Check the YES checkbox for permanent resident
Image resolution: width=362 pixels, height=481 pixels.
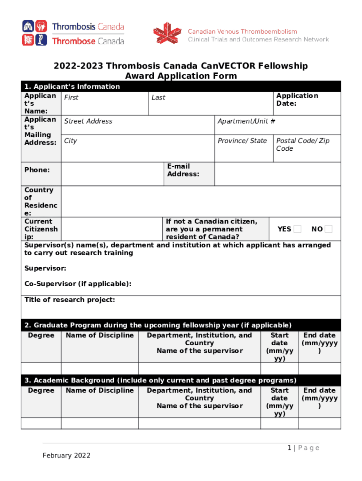coord(297,229)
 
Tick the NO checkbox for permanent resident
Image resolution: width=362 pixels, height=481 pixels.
coord(329,229)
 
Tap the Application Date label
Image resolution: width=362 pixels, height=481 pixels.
coord(297,100)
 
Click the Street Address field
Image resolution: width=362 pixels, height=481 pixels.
coord(138,125)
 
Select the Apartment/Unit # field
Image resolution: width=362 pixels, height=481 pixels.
coord(277,125)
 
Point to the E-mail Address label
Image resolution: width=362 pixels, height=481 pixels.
coord(183,170)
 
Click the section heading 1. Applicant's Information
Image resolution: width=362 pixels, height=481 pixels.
coord(72,86)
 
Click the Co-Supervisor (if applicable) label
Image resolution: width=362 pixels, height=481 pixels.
coord(78,284)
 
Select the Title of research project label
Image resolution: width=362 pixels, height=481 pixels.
coord(70,300)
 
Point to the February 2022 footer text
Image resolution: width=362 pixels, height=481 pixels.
coord(66,456)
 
